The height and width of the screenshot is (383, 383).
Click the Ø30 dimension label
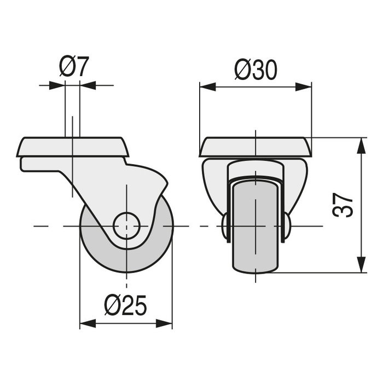tap(256, 70)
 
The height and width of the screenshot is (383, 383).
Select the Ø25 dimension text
tap(126, 306)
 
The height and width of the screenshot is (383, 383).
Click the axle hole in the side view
tap(126, 225)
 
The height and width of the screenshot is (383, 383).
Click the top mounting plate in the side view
tap(73, 147)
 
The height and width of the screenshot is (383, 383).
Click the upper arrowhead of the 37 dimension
tap(361, 146)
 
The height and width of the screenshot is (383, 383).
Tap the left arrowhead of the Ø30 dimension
tap(208, 86)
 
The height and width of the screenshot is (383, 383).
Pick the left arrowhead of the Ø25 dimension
tap(88, 323)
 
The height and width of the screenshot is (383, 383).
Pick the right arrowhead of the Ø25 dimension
tap(164, 323)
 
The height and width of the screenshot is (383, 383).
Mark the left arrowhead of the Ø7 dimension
tap(57, 85)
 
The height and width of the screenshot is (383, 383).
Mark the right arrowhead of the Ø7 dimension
tap(88, 85)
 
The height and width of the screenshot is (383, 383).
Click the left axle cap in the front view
tap(225, 226)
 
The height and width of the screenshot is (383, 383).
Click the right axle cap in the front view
tap(287, 226)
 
